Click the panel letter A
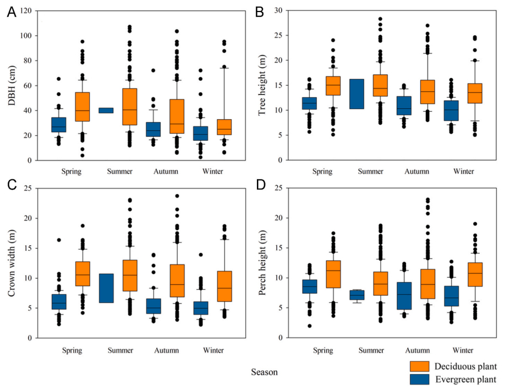[11, 12]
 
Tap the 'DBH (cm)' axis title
[12, 85]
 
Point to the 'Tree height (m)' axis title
[263, 85]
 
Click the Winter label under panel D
[464, 349]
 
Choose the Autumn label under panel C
[166, 349]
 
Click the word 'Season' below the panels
[265, 372]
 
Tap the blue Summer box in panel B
[356, 94]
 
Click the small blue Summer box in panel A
[106, 111]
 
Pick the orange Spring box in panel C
[83, 273]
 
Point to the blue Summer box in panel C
[106, 288]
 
